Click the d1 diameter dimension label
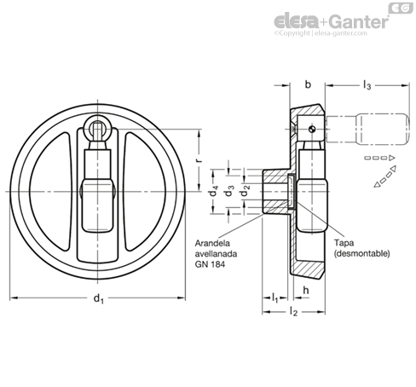tap(99, 298)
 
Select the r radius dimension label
tap(199, 160)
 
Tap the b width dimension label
tap(308, 84)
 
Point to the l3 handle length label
tap(367, 85)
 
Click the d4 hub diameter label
tap(214, 191)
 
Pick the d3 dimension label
tap(229, 191)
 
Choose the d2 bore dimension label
tap(245, 191)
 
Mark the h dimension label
tap(306, 290)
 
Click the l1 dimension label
tap(274, 298)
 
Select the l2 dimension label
tap(293, 312)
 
